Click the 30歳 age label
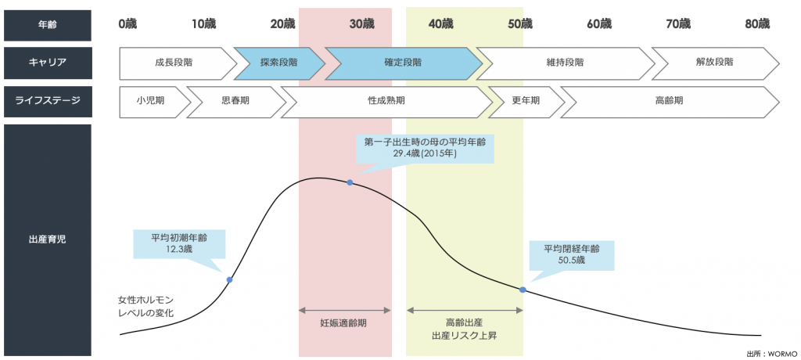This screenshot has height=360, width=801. click(361, 24)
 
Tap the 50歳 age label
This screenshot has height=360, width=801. click(520, 24)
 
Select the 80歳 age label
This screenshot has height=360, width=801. click(757, 24)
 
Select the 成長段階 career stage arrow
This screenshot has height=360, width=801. click(174, 63)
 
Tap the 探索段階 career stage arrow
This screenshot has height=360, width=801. click(278, 63)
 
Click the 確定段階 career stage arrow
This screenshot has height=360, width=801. click(402, 63)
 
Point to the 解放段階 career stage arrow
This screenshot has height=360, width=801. click(713, 63)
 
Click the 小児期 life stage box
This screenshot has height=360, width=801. click(153, 101)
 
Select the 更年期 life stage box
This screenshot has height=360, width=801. click(525, 101)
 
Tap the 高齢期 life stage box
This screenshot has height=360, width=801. click(669, 101)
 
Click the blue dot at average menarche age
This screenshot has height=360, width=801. click(229, 279)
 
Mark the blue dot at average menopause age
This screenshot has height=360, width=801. click(523, 290)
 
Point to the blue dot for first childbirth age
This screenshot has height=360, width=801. click(350, 182)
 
